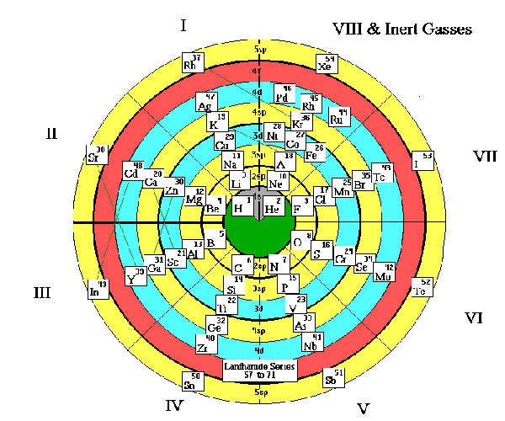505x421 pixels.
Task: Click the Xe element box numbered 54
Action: point(325,64)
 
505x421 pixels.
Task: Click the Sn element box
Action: point(192,381)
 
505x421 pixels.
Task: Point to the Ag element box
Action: point(205,104)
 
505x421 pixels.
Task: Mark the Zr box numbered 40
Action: point(205,344)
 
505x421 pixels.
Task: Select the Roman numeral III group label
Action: point(43,292)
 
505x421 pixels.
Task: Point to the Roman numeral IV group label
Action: point(173,406)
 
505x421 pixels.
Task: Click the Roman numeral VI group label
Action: point(474,317)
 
